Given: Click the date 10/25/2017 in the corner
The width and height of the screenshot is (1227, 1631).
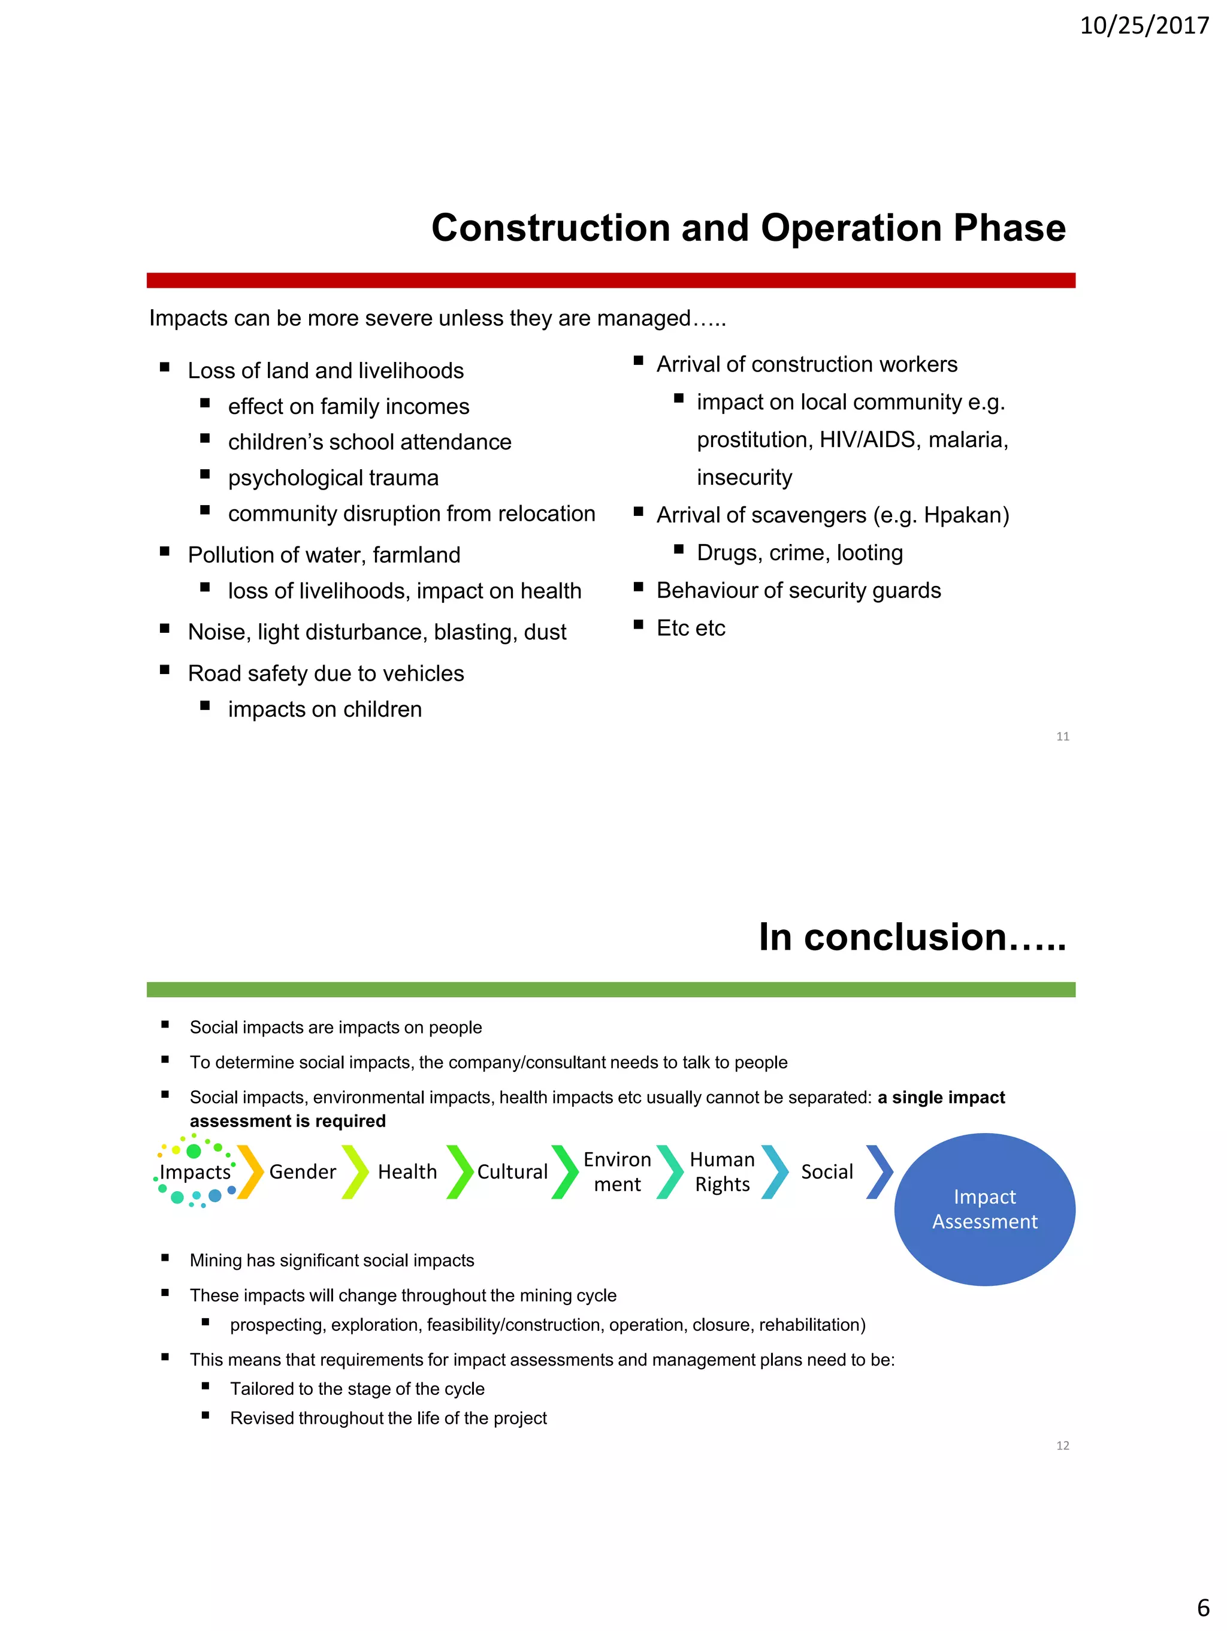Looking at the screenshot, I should (x=1144, y=26).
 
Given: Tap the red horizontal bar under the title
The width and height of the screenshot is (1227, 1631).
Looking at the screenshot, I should (x=611, y=280).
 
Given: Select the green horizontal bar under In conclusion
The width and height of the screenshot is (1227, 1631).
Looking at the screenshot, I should (x=611, y=989).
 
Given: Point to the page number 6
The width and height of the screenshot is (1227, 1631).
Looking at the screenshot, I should (x=1202, y=1606).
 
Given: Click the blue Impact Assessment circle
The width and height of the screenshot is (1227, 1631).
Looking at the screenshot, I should (x=984, y=1209).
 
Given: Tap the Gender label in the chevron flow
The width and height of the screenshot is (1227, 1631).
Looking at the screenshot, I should (x=303, y=1171).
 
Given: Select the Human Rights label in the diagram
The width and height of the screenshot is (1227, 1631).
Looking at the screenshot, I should (x=722, y=1171).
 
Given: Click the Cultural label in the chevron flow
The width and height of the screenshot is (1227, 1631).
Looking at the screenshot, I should (x=512, y=1171).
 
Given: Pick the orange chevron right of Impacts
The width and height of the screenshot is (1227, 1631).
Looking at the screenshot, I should (x=250, y=1171).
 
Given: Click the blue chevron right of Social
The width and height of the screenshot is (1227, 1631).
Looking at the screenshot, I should (x=879, y=1171).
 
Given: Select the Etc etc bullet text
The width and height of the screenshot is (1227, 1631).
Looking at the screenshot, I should (x=691, y=628).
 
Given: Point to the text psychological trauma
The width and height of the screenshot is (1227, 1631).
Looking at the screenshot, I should (x=333, y=478).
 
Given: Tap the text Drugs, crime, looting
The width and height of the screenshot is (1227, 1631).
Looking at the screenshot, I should (x=799, y=553).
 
